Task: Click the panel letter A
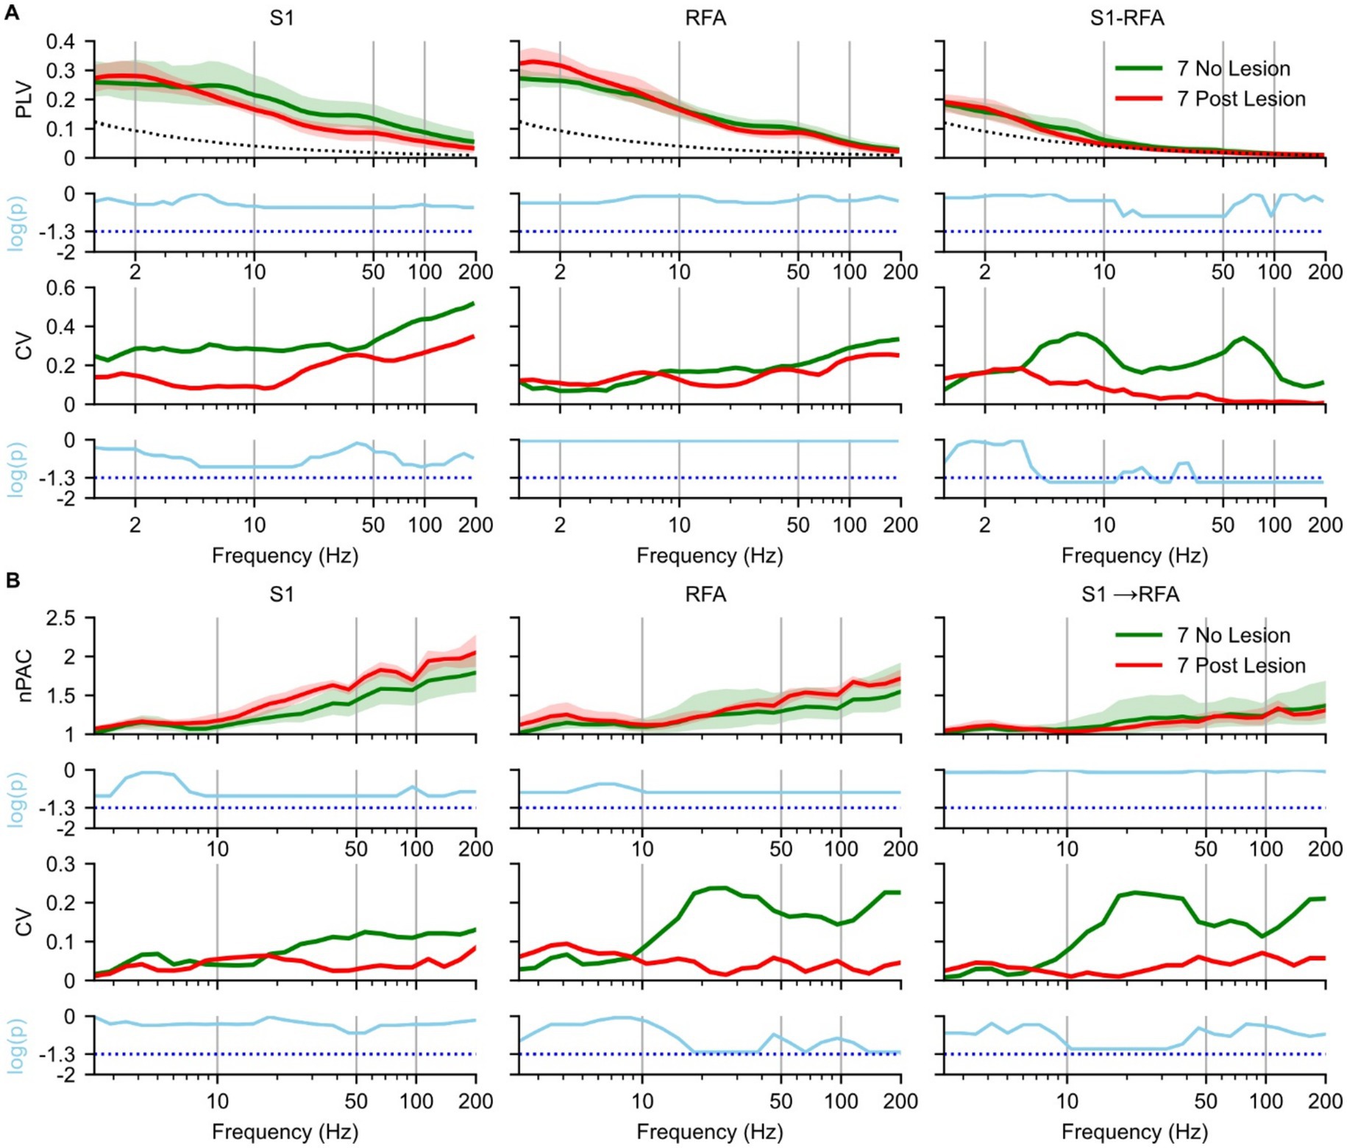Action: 12,13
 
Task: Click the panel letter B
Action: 12,581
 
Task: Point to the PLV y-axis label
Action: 24,99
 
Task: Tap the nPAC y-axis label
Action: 24,676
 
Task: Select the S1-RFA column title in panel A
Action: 1126,18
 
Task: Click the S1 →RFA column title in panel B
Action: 1130,594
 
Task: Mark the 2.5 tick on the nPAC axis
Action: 60,617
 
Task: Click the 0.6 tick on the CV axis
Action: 60,288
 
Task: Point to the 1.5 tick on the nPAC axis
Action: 60,695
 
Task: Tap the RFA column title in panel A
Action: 705,18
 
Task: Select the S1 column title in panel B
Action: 282,594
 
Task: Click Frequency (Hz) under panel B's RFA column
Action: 709,1131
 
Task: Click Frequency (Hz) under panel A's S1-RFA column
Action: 1134,556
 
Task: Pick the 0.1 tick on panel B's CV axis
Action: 60,942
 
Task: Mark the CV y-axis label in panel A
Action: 24,346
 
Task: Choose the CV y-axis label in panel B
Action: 24,922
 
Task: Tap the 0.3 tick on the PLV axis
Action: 60,71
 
